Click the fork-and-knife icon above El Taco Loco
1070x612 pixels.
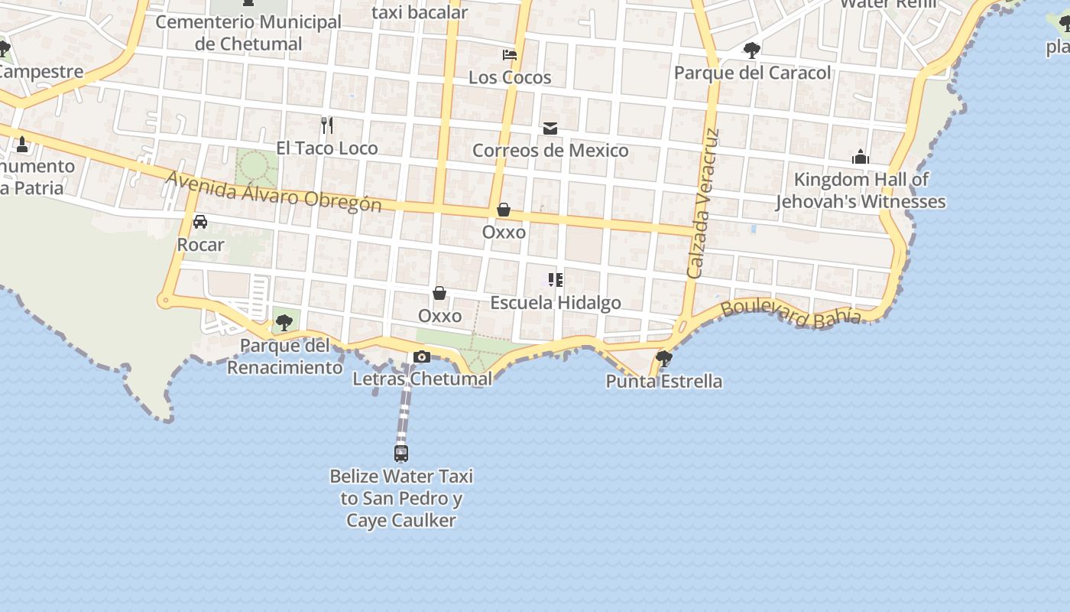(327, 125)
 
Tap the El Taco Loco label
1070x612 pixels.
(327, 148)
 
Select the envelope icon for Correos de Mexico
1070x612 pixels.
(550, 129)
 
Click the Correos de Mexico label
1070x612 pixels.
(550, 151)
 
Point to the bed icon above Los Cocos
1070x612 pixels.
(510, 55)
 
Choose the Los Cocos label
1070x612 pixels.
(510, 77)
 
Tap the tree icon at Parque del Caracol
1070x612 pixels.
(752, 51)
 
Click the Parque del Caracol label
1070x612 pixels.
(752, 73)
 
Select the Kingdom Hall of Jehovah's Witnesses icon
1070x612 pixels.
(861, 158)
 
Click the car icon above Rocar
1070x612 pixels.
(200, 222)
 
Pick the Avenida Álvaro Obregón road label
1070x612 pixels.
(274, 190)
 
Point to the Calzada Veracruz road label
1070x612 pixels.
(704, 203)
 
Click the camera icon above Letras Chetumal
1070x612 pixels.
(421, 356)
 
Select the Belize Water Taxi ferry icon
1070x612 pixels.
(401, 453)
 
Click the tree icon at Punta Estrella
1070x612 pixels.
(664, 357)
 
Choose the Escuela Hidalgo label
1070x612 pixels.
(556, 303)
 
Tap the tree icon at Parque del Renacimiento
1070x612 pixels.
(284, 323)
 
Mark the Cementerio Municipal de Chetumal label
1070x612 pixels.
(248, 33)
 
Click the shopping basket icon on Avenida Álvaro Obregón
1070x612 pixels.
(504, 210)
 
